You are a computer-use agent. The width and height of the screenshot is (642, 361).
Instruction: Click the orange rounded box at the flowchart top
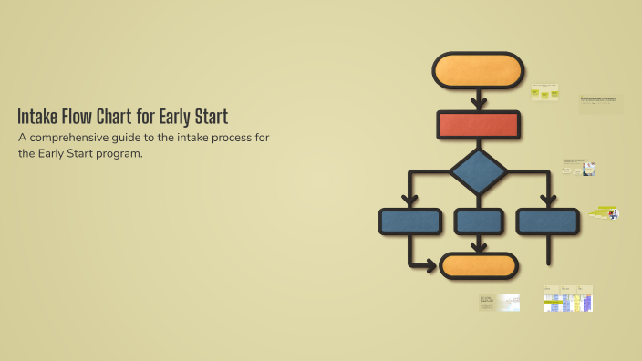478,70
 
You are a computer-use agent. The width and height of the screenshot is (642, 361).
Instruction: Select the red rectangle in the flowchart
478,124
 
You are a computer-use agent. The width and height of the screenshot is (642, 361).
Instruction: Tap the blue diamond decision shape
478,171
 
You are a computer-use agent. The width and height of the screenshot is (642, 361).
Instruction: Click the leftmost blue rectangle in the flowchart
409,222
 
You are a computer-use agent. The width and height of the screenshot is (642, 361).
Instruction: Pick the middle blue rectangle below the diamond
478,222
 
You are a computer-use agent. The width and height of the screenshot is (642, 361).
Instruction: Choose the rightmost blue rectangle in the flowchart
547,222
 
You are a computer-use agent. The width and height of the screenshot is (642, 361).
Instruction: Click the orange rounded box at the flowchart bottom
479,265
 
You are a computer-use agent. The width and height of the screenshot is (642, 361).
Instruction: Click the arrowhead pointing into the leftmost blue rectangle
409,202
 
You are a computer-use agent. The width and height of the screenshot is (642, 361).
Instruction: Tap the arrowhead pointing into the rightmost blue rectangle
547,202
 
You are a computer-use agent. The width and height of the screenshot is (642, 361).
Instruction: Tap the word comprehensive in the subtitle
78,137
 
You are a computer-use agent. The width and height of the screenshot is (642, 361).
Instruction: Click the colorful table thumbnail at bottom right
568,299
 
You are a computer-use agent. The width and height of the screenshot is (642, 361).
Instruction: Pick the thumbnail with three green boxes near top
544,92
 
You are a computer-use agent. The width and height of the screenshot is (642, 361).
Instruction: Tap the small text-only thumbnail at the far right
600,104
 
